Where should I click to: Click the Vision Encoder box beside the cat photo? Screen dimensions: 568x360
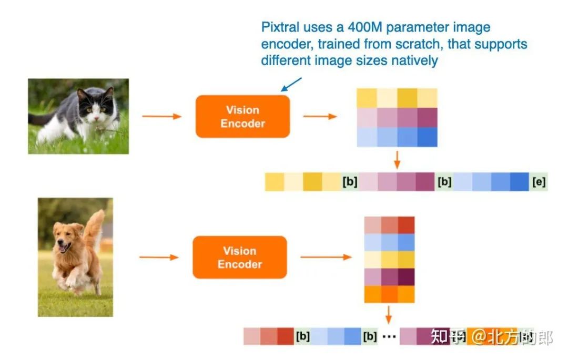click(242, 117)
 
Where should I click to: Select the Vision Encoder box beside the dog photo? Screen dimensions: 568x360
click(239, 258)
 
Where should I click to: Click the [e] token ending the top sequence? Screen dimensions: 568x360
click(539, 182)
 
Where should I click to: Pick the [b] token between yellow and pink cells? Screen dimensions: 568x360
click(350, 182)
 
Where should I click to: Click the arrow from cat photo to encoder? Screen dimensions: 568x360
click(161, 116)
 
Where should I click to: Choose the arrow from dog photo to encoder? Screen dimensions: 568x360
click(159, 258)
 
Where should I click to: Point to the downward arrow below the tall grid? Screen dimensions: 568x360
click(389, 314)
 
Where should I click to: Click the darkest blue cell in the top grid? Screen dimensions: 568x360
click(428, 137)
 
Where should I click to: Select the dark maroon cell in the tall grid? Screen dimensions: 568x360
click(406, 277)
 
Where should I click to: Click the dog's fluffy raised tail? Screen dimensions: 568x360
click(95, 226)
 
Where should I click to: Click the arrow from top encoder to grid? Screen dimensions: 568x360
click(320, 116)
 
